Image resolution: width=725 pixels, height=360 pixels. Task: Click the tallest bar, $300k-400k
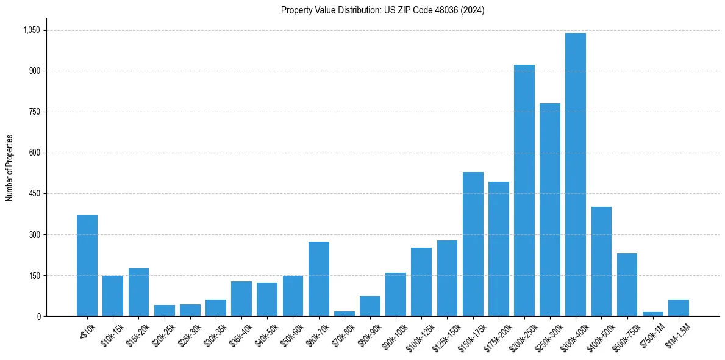(x=575, y=175)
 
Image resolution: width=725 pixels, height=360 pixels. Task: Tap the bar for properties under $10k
(x=87, y=265)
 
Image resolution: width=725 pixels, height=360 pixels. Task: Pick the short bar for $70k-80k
(x=345, y=314)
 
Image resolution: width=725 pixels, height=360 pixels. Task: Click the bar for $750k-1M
(x=652, y=314)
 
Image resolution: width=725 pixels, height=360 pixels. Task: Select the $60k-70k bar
(x=318, y=279)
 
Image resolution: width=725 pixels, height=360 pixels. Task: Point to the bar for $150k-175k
(x=473, y=244)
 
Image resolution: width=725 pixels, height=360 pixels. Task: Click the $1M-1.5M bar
(x=678, y=308)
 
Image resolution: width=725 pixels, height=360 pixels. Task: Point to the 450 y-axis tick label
(x=35, y=193)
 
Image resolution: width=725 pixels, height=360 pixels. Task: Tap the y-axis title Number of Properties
(x=9, y=168)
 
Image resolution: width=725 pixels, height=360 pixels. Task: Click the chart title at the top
(x=382, y=10)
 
